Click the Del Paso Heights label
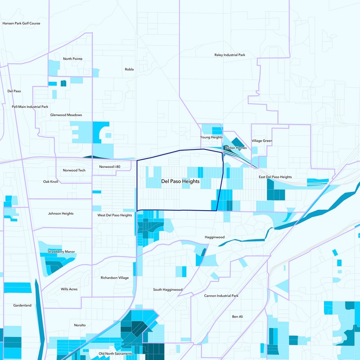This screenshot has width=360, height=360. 180,181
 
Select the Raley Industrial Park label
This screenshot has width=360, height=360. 229,55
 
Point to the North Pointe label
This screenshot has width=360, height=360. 72,59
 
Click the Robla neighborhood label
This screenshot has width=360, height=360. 129,69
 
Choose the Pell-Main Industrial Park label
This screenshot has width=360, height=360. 30,107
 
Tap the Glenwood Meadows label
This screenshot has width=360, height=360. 66,115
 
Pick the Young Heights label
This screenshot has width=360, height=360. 211,137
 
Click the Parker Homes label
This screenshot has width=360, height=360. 236,148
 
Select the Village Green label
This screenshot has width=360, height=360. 262,141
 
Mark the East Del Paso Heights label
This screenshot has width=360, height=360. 275,177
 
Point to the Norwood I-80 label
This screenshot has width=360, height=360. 109,167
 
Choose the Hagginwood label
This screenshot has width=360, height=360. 214,237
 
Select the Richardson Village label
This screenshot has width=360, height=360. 114,278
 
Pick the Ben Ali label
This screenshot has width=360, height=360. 237,317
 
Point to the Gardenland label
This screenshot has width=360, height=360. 22,306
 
